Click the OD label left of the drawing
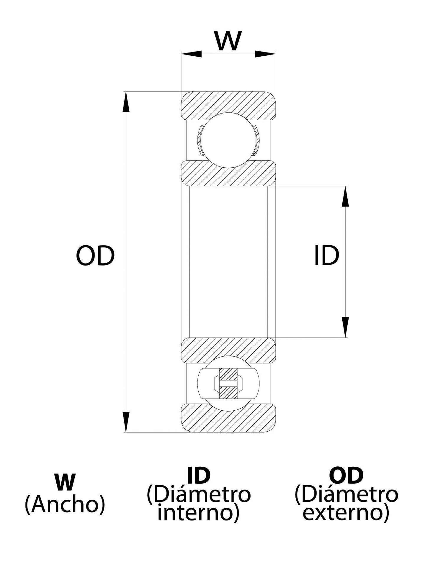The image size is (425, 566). pyautogui.click(x=95, y=255)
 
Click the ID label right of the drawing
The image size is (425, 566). pyautogui.click(x=326, y=255)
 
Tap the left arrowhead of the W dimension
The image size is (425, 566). pyautogui.click(x=191, y=54)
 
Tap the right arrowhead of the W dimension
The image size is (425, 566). pyautogui.click(x=265, y=54)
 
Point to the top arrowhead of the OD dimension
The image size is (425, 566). pyautogui.click(x=126, y=102)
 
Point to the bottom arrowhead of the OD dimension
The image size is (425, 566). pyautogui.click(x=126, y=422)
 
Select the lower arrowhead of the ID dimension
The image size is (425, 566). pyautogui.click(x=345, y=327)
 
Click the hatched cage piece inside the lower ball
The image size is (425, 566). pyautogui.click(x=228, y=383)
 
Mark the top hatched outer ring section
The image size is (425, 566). pyautogui.click(x=228, y=106)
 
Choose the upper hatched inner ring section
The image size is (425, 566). pyautogui.click(x=228, y=173)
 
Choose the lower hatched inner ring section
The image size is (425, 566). pyautogui.click(x=228, y=350)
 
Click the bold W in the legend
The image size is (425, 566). pyautogui.click(x=65, y=483)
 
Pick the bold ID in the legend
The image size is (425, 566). pyautogui.click(x=199, y=475)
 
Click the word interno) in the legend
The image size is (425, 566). pyautogui.click(x=198, y=512)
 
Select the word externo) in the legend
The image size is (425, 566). pyautogui.click(x=346, y=512)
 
